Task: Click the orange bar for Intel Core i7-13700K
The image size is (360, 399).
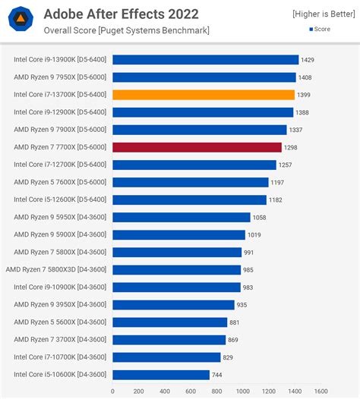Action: (203, 95)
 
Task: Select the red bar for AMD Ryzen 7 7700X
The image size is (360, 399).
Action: (197, 147)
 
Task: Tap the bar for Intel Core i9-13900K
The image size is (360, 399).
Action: (205, 60)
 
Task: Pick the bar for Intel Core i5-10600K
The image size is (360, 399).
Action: (160, 375)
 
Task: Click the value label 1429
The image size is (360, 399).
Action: (308, 60)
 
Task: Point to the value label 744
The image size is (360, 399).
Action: (217, 375)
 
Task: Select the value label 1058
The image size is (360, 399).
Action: (260, 217)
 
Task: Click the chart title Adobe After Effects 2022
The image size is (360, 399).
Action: (121, 14)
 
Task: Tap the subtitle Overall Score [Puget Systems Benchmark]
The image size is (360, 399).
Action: (126, 30)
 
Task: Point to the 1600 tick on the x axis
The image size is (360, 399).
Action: (320, 391)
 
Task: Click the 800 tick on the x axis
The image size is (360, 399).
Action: (216, 391)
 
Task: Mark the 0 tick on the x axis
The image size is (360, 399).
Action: (112, 391)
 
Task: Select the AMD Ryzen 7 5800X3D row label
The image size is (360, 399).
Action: (56, 269)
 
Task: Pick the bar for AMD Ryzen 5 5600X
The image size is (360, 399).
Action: (169, 322)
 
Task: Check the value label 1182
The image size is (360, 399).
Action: (276, 199)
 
